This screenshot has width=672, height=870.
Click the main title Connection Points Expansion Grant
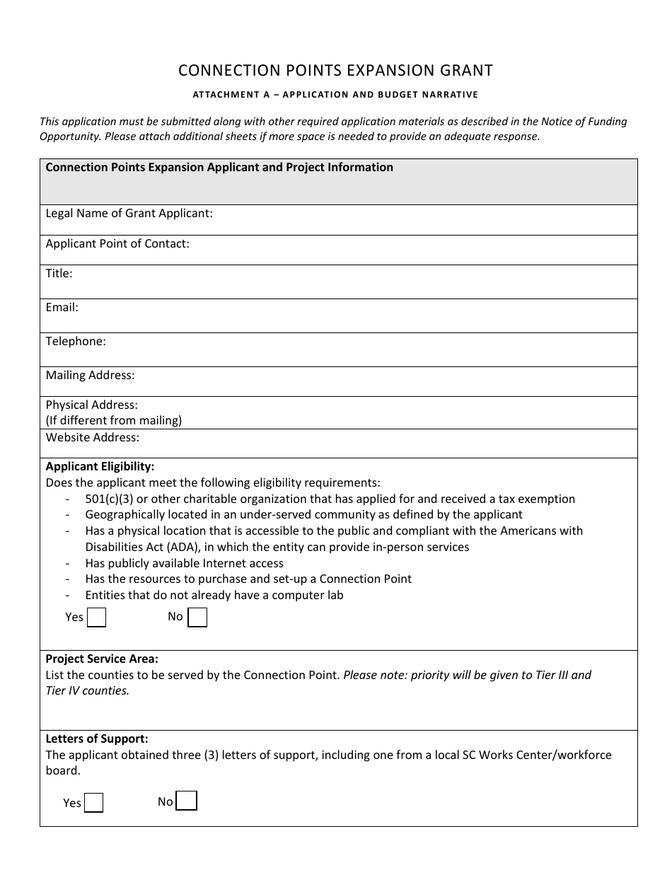click(x=335, y=70)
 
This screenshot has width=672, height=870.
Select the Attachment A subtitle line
click(x=335, y=94)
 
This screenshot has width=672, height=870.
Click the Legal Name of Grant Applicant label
click(x=129, y=213)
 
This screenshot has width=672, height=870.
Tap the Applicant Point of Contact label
click(x=117, y=243)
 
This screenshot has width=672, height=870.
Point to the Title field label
click(x=59, y=273)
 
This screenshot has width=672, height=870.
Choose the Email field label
click(x=62, y=307)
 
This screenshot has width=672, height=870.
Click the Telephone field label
click(x=76, y=341)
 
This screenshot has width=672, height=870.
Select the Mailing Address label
click(x=90, y=375)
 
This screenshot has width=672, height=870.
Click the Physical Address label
click(x=92, y=405)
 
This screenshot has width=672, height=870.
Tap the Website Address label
click(x=93, y=437)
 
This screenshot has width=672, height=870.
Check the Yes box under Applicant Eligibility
click(x=96, y=617)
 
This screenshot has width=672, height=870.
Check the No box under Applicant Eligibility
click(x=197, y=617)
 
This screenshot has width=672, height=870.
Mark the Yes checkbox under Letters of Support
click(x=93, y=803)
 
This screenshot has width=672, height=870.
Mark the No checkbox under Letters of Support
click(x=186, y=801)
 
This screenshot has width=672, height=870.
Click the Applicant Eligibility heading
click(x=100, y=466)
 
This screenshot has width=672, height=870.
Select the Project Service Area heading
click(x=102, y=659)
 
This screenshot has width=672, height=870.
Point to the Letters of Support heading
click(x=97, y=738)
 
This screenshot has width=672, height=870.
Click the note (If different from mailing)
click(x=114, y=420)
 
